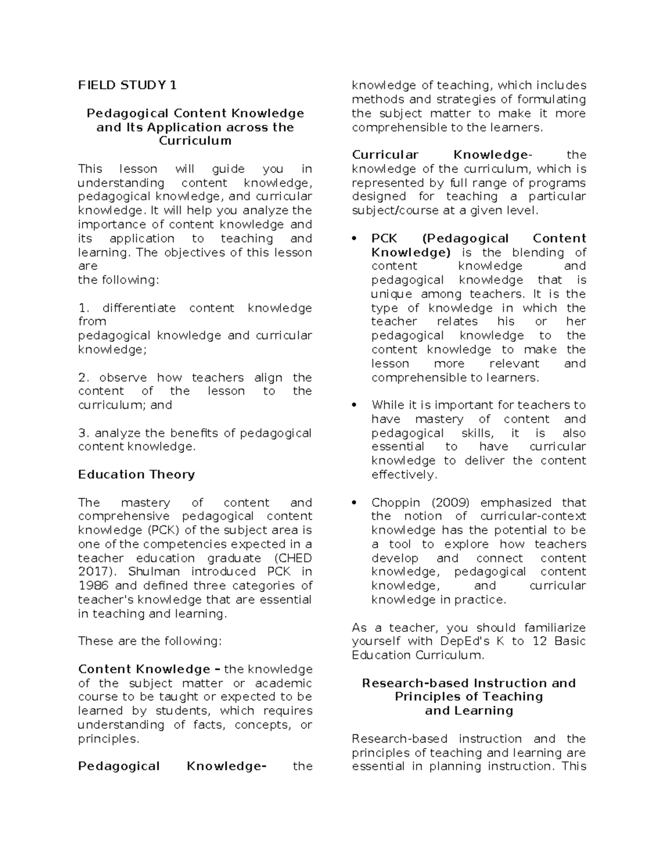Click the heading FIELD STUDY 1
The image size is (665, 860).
pyautogui.click(x=127, y=85)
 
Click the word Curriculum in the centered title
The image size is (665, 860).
pyautogui.click(x=195, y=141)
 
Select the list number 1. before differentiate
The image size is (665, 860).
pyautogui.click(x=84, y=308)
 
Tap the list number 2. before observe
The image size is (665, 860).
pyautogui.click(x=84, y=378)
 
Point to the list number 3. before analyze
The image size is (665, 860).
pyautogui.click(x=84, y=433)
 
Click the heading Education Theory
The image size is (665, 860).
pyautogui.click(x=136, y=475)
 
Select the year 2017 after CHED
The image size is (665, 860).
pyautogui.click(x=92, y=571)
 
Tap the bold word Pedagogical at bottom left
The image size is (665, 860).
pyautogui.click(x=119, y=766)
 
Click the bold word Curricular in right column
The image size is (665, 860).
pyautogui.click(x=385, y=155)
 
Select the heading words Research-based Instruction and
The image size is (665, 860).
pyautogui.click(x=469, y=683)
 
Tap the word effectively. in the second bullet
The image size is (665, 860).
pyautogui.click(x=405, y=475)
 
